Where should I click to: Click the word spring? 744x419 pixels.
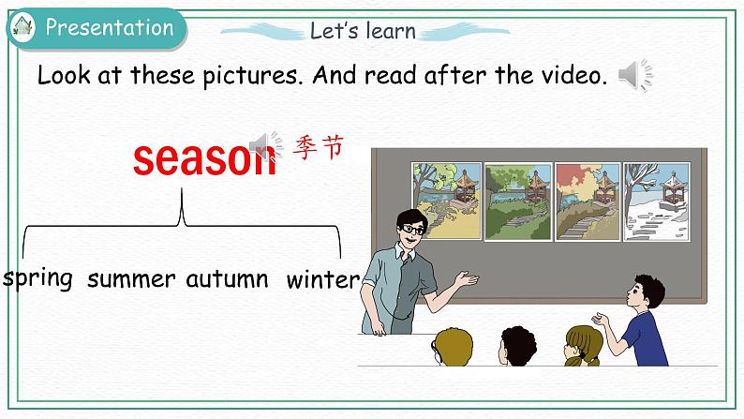point(38,278)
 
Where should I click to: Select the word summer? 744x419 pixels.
point(131,278)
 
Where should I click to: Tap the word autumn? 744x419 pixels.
point(227,278)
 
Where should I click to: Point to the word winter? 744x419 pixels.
point(322,278)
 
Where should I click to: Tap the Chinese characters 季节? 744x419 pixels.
point(320,147)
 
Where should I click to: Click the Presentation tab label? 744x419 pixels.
point(110,27)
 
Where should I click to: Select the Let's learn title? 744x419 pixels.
point(363,30)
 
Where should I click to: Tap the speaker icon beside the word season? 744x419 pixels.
point(269,145)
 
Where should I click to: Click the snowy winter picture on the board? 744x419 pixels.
point(658,201)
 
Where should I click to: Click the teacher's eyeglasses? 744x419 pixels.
point(409,229)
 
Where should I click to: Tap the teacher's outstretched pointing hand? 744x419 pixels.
point(466,278)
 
